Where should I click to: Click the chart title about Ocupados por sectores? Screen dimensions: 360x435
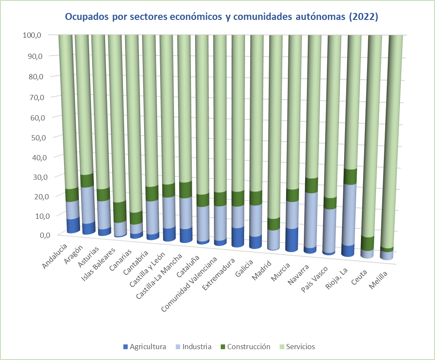pos(222,17)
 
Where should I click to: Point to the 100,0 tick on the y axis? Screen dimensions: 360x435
pos(32,35)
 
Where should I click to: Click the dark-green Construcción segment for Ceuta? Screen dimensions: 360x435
pos(368,243)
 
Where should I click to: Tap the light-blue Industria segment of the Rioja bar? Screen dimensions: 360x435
pos(348,214)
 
